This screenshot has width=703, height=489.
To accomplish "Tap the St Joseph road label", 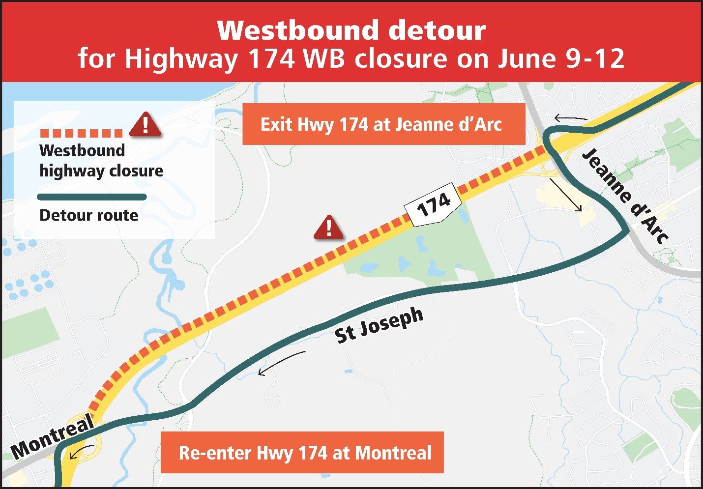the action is [379, 325].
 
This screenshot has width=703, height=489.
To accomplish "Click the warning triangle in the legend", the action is [145, 125].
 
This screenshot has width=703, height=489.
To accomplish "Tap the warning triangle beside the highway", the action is [328, 228].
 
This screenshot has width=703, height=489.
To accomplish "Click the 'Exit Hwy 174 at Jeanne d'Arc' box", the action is [383, 124].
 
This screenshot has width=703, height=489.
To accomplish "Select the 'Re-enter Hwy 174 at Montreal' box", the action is [302, 453].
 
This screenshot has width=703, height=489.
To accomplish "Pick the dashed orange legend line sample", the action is [81, 133].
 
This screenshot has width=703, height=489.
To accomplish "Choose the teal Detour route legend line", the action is [92, 197].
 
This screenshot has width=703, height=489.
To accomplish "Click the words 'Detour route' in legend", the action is [89, 215].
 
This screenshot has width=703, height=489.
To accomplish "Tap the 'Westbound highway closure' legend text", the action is [101, 161].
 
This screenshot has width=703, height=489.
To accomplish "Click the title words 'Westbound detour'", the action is [351, 30].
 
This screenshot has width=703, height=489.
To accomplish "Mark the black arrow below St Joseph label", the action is [281, 363].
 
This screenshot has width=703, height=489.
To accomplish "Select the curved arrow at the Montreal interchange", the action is [81, 452].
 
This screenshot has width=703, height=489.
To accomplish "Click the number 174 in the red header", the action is [271, 58].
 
